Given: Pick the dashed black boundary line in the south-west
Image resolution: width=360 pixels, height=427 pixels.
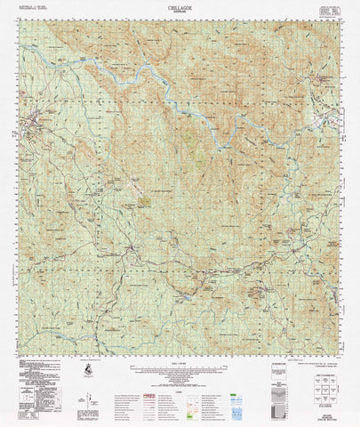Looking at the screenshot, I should pyautogui.click(x=53, y=302).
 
